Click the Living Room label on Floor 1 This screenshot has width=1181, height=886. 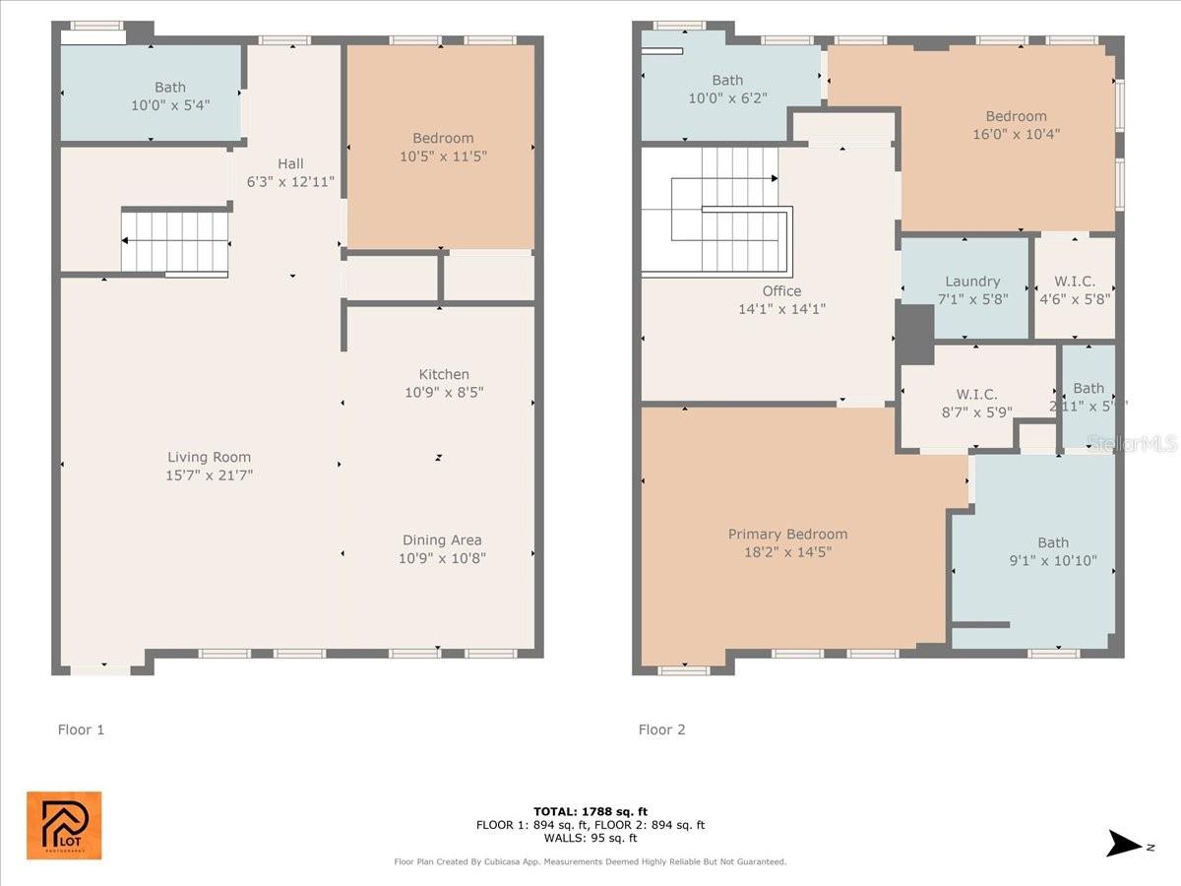209,457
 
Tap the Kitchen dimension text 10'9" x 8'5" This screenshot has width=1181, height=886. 444,392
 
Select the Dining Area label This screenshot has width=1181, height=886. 442,539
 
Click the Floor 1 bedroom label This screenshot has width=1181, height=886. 443,138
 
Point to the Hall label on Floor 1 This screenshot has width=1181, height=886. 290,163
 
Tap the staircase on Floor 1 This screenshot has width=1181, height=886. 175,242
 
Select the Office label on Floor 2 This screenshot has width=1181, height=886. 781,290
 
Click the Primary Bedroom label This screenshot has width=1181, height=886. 787,534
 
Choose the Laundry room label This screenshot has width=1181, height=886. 972,282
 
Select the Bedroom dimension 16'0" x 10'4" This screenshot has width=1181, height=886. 1016,134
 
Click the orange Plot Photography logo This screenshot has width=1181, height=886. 64,825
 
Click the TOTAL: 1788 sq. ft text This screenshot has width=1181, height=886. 590,811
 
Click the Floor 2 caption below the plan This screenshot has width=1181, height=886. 661,729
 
